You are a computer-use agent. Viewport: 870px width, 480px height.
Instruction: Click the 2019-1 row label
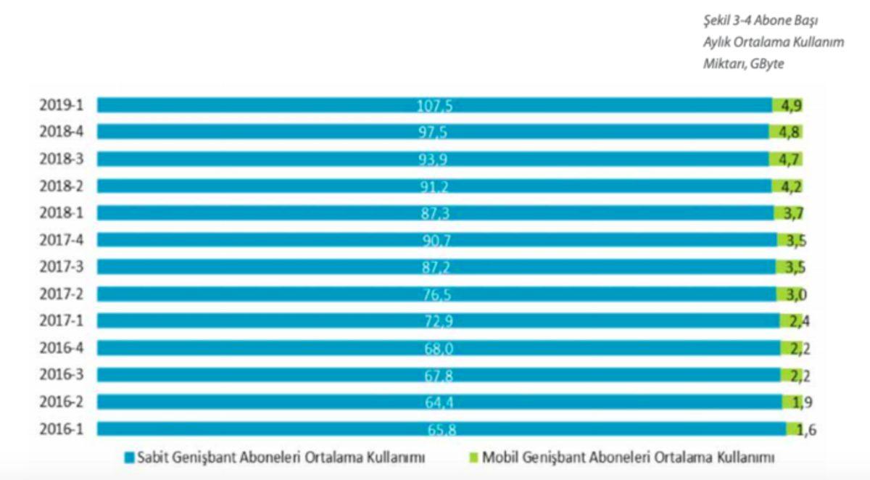pyautogui.click(x=62, y=105)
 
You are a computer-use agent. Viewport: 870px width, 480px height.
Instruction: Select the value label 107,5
pyautogui.click(x=435, y=106)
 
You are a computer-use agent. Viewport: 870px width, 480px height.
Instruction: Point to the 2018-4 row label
pyautogui.click(x=62, y=132)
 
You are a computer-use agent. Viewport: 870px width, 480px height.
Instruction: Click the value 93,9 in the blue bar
pyautogui.click(x=435, y=160)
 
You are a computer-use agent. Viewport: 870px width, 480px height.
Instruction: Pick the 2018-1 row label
pyautogui.click(x=62, y=213)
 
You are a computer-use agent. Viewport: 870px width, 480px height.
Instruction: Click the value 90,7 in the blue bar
pyautogui.click(x=435, y=240)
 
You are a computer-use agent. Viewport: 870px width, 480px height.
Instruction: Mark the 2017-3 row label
pyautogui.click(x=62, y=267)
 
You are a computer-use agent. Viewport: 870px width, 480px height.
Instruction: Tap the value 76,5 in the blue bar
pyautogui.click(x=435, y=294)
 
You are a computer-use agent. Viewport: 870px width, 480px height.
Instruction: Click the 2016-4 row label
pyautogui.click(x=62, y=348)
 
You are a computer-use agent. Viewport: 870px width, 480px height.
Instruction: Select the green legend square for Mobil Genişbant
pyautogui.click(x=474, y=458)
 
